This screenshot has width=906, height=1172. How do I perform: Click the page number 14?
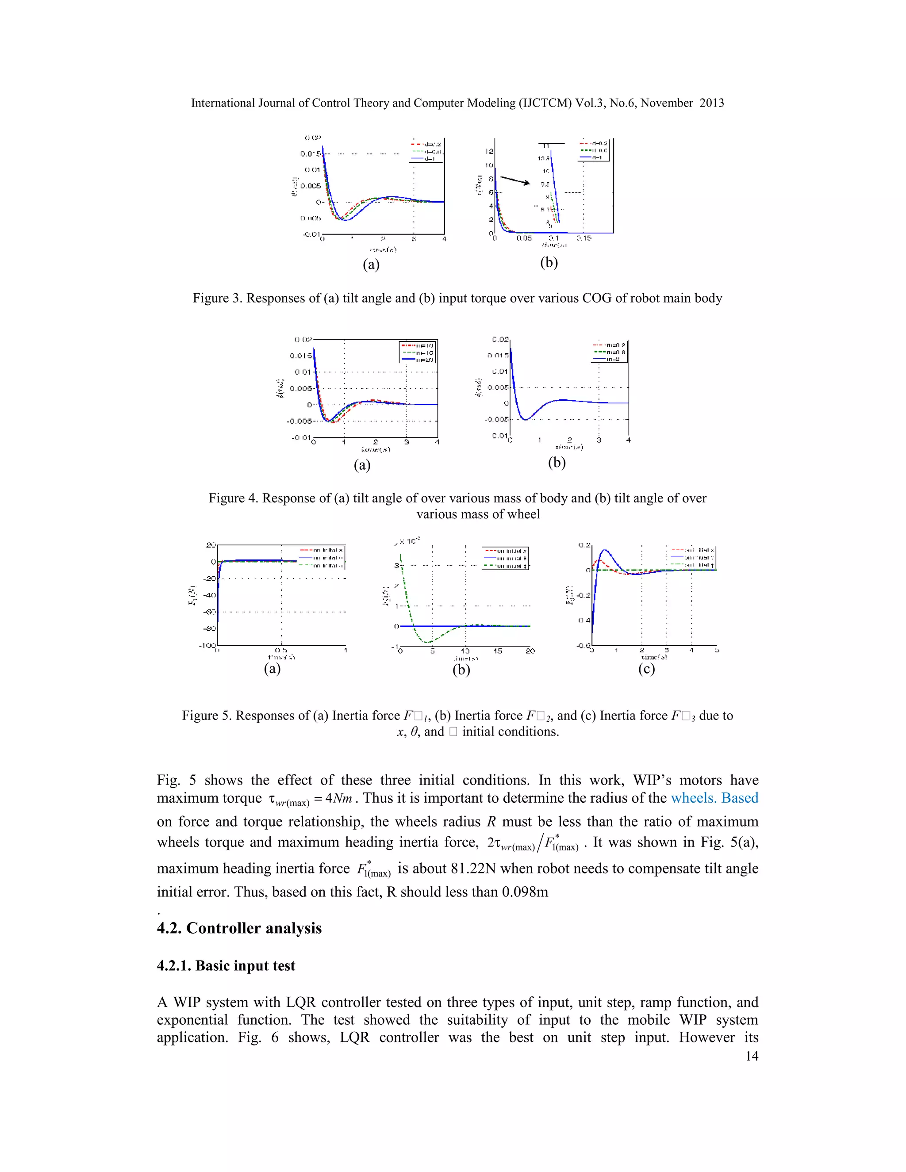click(x=752, y=1056)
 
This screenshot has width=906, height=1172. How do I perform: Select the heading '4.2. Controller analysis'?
click(x=239, y=928)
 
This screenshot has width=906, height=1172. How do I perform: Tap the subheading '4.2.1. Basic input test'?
click(x=226, y=965)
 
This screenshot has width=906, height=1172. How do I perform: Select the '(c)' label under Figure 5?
click(x=646, y=669)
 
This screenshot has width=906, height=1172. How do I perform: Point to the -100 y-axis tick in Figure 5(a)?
click(x=207, y=644)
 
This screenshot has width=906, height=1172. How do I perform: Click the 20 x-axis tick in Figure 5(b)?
click(x=530, y=651)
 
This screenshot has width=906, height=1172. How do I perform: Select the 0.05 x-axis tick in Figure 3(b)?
click(x=524, y=238)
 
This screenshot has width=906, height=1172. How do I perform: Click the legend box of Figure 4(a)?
click(x=418, y=352)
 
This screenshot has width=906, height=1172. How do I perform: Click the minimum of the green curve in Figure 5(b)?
click(x=427, y=642)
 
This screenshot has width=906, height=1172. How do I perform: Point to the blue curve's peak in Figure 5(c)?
click(x=605, y=550)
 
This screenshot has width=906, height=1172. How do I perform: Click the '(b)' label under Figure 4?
click(x=557, y=462)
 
